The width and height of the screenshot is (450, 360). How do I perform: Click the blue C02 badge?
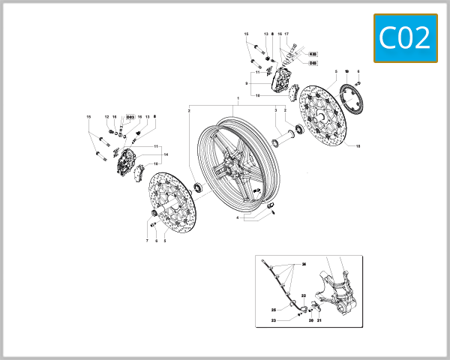click(405, 38)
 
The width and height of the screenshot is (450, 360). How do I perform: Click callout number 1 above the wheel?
click(238, 99)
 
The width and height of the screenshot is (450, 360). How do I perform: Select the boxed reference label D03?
click(130, 117)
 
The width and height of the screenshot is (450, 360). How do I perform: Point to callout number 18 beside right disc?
click(358, 145)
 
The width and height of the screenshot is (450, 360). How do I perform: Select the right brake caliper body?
click(284, 79)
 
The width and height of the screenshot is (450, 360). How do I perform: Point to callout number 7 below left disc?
click(147, 241)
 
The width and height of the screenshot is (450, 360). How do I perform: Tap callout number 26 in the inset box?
click(304, 265)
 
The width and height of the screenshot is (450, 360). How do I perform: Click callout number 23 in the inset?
click(274, 320)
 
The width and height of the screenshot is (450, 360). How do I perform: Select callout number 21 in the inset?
click(318, 320)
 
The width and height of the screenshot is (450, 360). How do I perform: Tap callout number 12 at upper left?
click(107, 117)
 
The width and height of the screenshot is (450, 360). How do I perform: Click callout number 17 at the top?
click(286, 34)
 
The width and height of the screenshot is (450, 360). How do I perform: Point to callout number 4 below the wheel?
click(238, 217)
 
